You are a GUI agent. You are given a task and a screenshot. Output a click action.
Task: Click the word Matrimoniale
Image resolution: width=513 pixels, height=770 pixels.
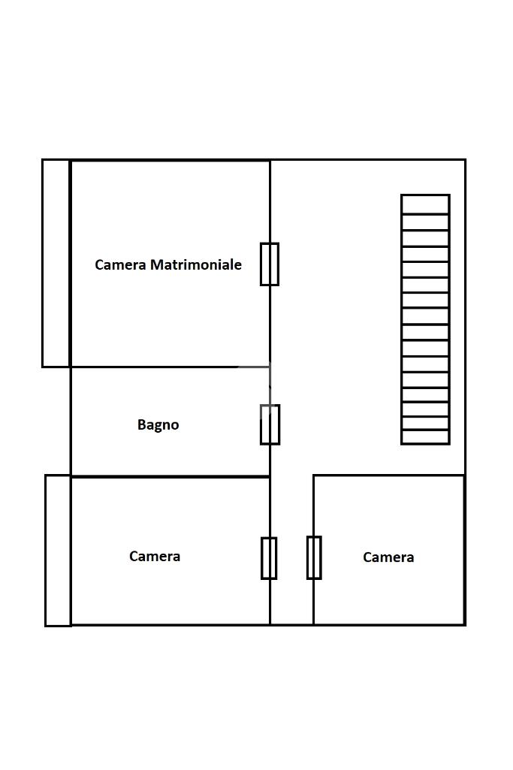[x=196, y=264]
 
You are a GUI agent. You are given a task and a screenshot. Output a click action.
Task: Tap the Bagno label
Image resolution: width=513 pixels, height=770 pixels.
[x=158, y=424]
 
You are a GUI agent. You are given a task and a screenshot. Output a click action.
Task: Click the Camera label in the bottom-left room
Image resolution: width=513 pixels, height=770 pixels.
[x=155, y=557]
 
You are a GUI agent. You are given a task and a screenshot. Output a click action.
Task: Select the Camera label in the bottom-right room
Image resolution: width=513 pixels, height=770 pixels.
[x=388, y=557]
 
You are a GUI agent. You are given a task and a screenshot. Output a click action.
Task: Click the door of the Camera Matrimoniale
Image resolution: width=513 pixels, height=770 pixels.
[x=270, y=264]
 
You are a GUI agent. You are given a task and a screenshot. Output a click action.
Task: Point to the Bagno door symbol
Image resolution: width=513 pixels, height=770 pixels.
[x=270, y=424]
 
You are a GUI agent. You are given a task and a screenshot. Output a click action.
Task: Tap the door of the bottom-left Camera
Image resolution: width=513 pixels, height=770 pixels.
[x=269, y=558]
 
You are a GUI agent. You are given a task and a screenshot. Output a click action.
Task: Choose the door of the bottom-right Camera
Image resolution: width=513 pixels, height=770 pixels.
[x=314, y=558]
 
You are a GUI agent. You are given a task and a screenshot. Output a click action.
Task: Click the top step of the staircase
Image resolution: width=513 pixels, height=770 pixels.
[x=425, y=204]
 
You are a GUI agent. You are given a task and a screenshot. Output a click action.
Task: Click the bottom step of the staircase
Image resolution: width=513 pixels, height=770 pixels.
[x=425, y=437]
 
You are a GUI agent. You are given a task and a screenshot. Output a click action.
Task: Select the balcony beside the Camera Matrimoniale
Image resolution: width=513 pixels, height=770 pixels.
[x=56, y=263]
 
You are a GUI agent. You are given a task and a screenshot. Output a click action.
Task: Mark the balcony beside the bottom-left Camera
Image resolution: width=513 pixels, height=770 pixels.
[x=58, y=551]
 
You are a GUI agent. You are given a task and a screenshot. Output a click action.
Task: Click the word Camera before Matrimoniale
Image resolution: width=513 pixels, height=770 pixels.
[x=120, y=264]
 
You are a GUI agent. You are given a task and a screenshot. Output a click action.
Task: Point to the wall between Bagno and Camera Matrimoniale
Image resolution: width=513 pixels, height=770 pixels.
[x=170, y=367]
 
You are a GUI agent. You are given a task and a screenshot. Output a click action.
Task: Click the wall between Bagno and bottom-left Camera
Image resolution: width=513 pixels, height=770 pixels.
[x=170, y=476]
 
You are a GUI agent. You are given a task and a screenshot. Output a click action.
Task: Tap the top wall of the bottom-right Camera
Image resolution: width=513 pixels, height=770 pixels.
[x=389, y=476]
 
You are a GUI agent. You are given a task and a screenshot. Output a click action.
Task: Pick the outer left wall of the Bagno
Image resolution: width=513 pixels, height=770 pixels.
[x=71, y=421]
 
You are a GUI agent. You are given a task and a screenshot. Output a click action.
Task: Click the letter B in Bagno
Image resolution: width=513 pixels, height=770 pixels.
[x=141, y=424]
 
